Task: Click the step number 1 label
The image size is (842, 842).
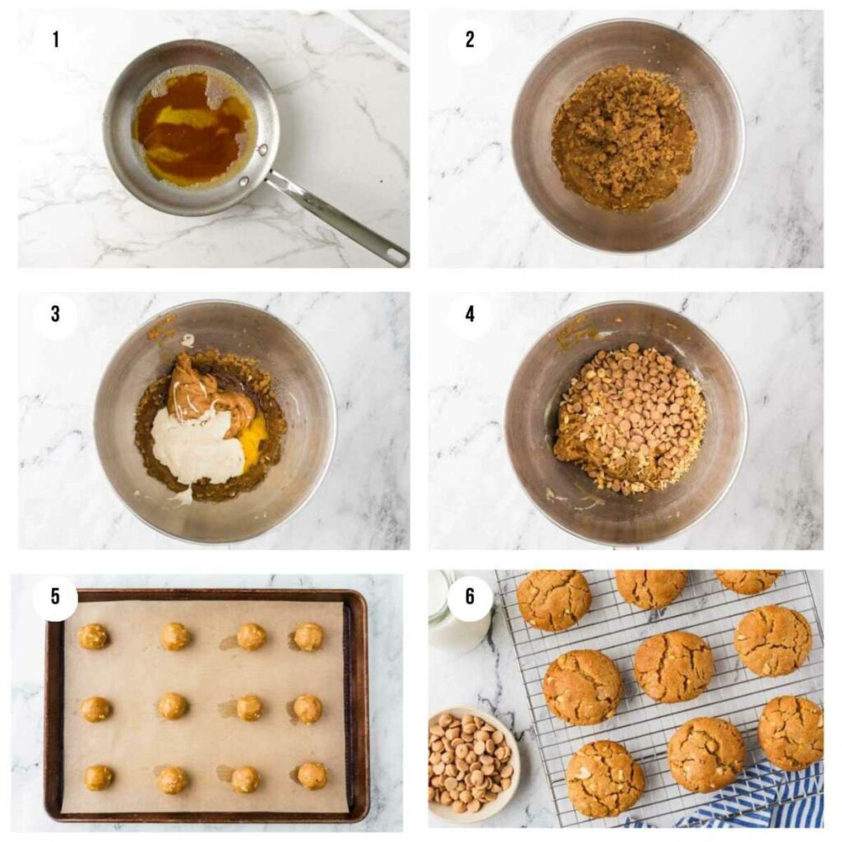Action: tap(55, 39)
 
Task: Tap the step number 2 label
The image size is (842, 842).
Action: tap(470, 39)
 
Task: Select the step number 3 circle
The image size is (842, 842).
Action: tap(55, 314)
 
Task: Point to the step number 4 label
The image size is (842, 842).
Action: tap(470, 314)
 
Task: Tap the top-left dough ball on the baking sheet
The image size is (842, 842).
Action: tap(93, 636)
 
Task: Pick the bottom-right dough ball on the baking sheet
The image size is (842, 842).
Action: tap(312, 775)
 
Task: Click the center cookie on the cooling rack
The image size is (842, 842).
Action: tap(673, 666)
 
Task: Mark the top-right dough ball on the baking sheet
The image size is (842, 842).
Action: tap(308, 636)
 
